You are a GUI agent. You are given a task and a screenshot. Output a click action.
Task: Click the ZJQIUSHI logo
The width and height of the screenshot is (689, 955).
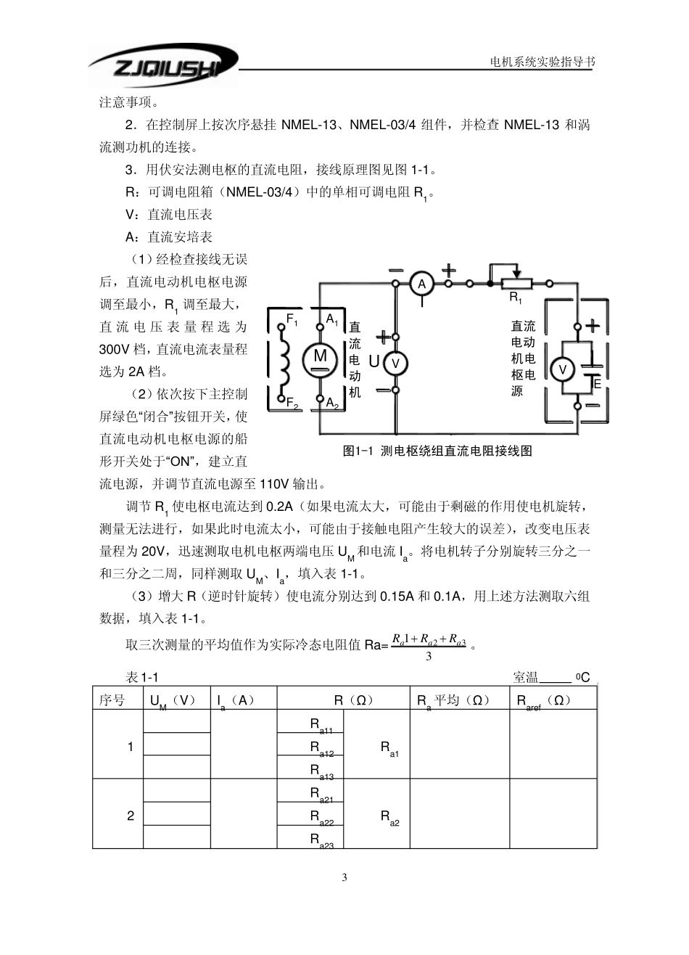click(x=164, y=67)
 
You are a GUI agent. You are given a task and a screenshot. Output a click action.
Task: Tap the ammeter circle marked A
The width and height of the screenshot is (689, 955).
click(x=421, y=284)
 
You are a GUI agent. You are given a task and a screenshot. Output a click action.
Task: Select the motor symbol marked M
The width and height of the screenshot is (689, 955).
click(x=320, y=356)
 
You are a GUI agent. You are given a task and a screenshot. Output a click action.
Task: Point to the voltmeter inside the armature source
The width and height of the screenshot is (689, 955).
click(x=561, y=370)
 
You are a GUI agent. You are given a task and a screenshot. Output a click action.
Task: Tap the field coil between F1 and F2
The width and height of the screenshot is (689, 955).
click(x=284, y=359)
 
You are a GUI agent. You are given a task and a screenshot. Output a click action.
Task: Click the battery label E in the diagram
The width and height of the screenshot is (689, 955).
click(x=597, y=383)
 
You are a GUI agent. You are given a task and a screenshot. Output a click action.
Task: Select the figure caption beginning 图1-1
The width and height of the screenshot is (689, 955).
click(x=437, y=451)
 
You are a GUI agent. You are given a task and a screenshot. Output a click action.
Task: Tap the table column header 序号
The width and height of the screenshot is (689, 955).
click(x=112, y=700)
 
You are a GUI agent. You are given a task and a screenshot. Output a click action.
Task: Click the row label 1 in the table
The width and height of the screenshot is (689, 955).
click(x=131, y=746)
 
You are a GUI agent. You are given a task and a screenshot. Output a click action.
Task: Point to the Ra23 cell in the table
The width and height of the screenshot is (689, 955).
click(x=321, y=840)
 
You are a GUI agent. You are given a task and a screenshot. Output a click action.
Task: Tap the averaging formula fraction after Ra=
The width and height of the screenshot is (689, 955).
click(x=429, y=644)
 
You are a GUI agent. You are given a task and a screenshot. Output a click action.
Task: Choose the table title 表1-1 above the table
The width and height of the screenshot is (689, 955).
click(x=142, y=677)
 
